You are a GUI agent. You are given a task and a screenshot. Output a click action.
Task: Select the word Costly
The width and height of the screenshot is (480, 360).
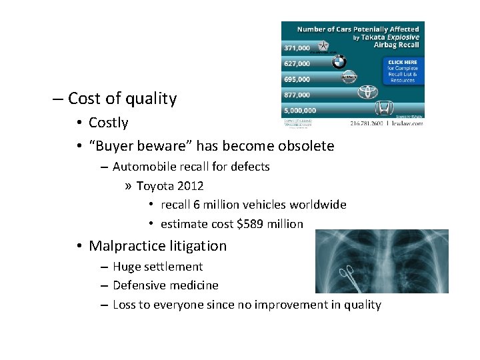click(x=108, y=123)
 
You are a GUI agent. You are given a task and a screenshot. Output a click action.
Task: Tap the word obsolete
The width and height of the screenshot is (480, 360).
click(x=305, y=145)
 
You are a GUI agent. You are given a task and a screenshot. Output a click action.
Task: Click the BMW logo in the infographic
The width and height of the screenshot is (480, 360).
click(x=339, y=63)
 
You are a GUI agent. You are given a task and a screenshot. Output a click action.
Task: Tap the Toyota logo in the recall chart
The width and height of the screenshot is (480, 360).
click(x=367, y=93)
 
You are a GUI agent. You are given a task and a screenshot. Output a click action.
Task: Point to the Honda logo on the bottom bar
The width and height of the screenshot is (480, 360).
click(x=384, y=109)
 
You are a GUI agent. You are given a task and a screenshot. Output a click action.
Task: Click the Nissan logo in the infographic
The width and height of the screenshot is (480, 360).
click(x=348, y=78)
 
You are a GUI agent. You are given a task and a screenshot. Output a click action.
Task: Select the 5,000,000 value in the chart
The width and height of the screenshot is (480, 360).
click(x=300, y=110)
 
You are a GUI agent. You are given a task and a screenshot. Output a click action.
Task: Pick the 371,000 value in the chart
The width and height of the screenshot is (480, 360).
click(x=297, y=48)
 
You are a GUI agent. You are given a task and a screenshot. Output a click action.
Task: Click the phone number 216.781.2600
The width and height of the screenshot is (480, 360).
click(x=371, y=123)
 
